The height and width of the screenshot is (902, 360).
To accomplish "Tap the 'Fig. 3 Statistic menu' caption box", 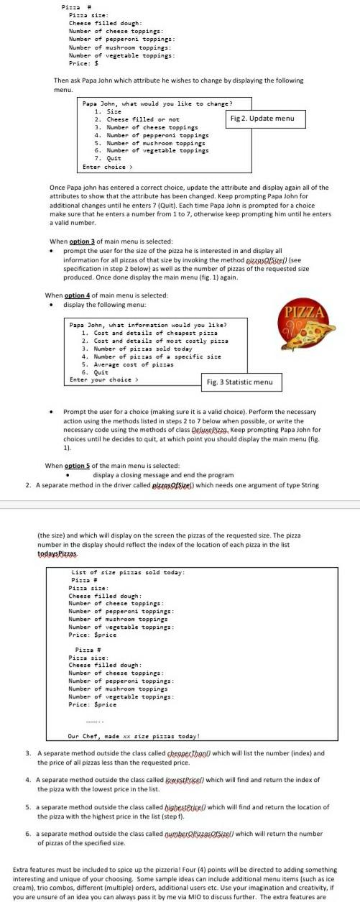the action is click(239, 382).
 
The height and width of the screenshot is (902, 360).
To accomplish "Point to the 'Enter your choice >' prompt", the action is click(103, 379).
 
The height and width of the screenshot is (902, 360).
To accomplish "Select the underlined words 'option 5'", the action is click(79, 465).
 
